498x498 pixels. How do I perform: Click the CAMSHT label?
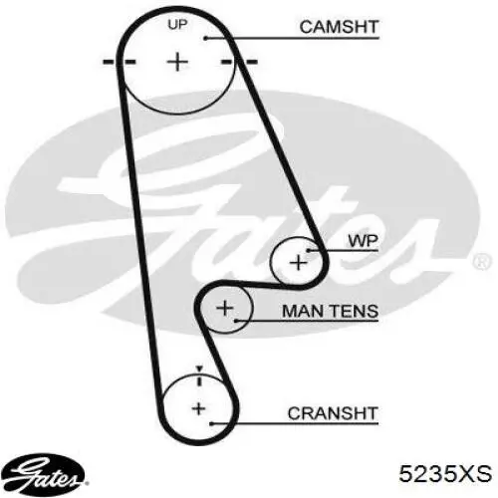pos(339,27)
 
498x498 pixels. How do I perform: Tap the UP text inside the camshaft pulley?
pos(177,25)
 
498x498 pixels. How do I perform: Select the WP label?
pos(363,241)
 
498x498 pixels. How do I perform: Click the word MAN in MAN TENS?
pos(302,311)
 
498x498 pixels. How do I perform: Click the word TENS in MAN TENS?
pos(353,311)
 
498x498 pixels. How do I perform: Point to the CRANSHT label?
pos(333,413)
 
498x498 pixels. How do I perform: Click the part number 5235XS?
pos(445,473)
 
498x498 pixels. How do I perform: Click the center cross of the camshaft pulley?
pos(177,62)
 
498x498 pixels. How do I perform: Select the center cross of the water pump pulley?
pos(299,263)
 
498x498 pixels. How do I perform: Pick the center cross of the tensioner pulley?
pos(225,308)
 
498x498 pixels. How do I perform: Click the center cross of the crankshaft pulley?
pos(198,408)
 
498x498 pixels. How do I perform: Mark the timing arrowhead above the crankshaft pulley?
pos(199,369)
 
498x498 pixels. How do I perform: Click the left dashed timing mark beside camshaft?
pos(120,62)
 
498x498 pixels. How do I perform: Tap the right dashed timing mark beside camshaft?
pos(239,62)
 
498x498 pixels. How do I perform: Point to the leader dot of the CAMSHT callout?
pos(205,39)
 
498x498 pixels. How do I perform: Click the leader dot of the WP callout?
pos(308,251)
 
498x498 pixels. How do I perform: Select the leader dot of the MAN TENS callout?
pos(236,321)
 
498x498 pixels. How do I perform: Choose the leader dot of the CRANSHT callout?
pos(211,423)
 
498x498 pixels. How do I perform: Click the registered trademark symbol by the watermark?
pos(482,261)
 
